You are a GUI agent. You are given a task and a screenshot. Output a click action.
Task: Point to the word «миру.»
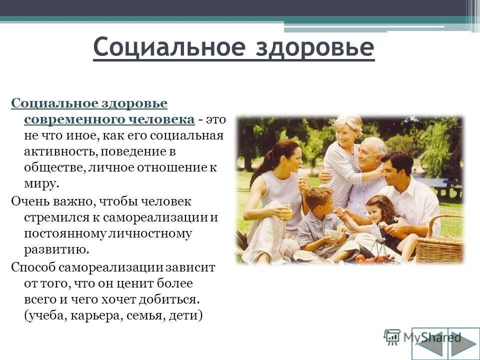(41, 183)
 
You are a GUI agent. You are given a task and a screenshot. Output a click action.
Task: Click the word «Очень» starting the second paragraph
(30, 201)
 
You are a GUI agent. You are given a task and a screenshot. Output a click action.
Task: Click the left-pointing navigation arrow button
(430, 343)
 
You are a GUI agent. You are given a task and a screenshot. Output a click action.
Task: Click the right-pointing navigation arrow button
(461, 343)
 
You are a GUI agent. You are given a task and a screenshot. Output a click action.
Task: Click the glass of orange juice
(286, 211)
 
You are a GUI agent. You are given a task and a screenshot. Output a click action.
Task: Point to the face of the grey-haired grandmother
(347, 131)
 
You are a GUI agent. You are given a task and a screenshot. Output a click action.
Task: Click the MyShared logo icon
(392, 336)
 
